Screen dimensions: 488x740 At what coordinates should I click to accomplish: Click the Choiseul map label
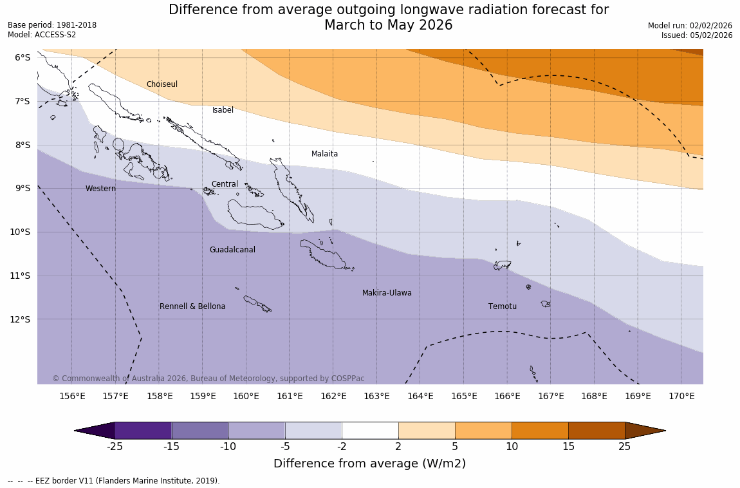(162, 84)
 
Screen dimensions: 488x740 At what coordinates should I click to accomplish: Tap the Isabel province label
(223, 110)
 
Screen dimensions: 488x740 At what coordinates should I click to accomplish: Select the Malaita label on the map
(324, 154)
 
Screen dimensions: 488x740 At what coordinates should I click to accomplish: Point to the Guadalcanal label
(232, 250)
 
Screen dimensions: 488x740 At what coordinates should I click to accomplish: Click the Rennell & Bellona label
(192, 306)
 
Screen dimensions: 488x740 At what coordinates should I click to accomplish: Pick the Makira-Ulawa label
(387, 293)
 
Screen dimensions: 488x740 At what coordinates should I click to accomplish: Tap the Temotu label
(502, 306)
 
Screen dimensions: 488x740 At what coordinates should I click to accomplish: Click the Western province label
(101, 189)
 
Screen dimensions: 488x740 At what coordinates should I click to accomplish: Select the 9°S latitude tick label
(23, 188)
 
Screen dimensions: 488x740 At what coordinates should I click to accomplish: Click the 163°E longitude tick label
(376, 396)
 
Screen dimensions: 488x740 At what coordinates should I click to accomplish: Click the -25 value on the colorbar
(115, 447)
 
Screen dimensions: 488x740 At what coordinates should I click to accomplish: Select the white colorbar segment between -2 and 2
(370, 430)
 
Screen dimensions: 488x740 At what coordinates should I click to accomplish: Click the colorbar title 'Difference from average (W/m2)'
(369, 464)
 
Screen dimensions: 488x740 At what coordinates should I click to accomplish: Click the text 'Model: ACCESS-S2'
(42, 35)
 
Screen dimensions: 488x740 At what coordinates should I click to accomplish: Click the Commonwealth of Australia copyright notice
(208, 379)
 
